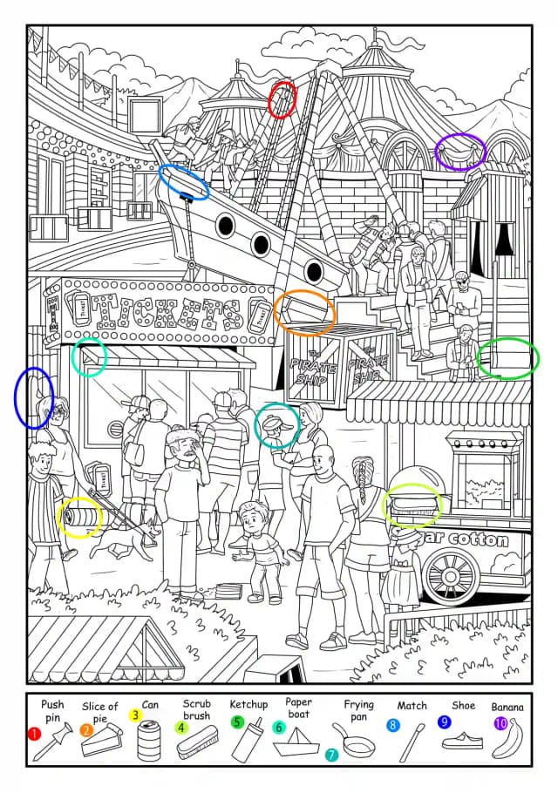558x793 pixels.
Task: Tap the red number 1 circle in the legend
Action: click(34, 734)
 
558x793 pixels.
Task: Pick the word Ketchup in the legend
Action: click(248, 704)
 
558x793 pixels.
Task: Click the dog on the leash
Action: click(125, 541)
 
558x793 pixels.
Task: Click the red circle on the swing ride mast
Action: click(282, 99)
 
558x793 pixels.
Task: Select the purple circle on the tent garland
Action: click(459, 152)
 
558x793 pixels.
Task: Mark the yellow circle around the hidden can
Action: click(79, 517)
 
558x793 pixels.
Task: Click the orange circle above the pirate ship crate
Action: click(304, 314)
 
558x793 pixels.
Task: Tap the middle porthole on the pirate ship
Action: click(261, 244)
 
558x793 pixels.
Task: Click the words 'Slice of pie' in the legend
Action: click(99, 712)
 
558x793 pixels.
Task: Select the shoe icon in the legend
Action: click(462, 741)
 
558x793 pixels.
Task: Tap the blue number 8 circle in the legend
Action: click(392, 725)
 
